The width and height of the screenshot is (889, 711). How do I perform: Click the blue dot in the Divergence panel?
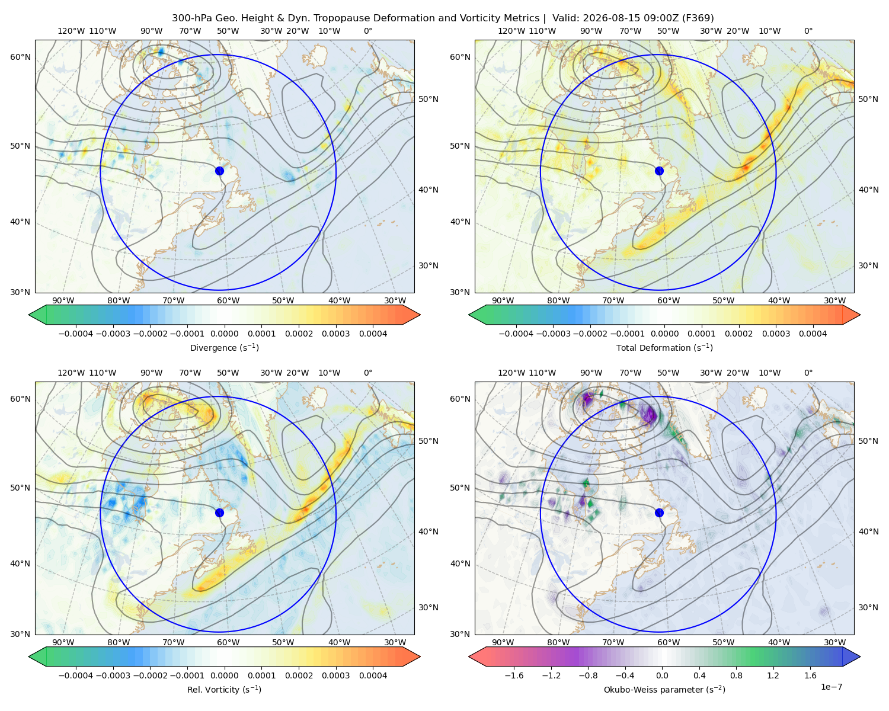pos(219,171)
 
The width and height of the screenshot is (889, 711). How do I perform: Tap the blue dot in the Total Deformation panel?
pos(659,171)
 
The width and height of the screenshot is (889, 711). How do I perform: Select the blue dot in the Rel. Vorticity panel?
pos(219,513)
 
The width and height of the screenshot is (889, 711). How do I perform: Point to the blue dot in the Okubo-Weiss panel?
pos(659,513)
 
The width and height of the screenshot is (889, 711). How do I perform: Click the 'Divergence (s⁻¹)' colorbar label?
pos(224,347)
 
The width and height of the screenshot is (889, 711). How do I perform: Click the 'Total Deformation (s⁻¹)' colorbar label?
pos(664,347)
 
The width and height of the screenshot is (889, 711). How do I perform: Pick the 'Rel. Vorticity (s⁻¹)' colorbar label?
pos(224,689)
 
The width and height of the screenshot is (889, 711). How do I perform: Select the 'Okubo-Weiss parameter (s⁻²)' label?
pos(664,689)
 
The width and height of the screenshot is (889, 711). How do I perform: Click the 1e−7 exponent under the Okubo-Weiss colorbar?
pos(831,687)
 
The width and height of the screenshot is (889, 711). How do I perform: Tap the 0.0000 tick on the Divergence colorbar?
pos(224,334)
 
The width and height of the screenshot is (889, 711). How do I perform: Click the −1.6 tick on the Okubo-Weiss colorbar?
pos(514,675)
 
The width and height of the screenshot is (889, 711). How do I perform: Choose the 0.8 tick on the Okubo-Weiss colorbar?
pos(736,675)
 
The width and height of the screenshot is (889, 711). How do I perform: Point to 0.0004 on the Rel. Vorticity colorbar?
pos(373,675)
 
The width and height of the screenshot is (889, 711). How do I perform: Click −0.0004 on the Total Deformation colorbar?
pos(516,334)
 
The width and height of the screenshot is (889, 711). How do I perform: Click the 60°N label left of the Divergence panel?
pos(20,57)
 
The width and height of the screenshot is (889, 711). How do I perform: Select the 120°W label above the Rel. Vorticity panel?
pos(71,373)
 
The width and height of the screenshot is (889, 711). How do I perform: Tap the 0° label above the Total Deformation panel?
pos(808,31)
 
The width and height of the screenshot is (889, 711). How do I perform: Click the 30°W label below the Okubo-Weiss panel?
pos(834,642)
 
